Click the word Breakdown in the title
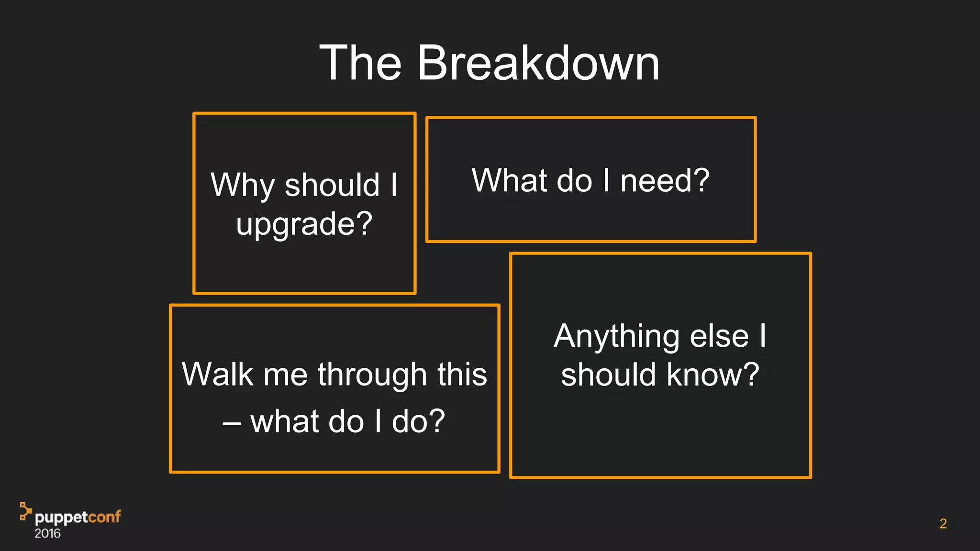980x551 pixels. [538, 63]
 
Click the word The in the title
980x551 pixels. [360, 63]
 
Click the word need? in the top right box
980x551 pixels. [665, 181]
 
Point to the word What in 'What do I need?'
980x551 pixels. [509, 181]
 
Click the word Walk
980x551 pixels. [217, 374]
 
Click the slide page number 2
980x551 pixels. [943, 524]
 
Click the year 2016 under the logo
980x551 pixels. [47, 534]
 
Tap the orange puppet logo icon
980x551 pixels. [25, 511]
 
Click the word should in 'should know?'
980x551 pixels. [608, 375]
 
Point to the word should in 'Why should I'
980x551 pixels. [332, 185]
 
